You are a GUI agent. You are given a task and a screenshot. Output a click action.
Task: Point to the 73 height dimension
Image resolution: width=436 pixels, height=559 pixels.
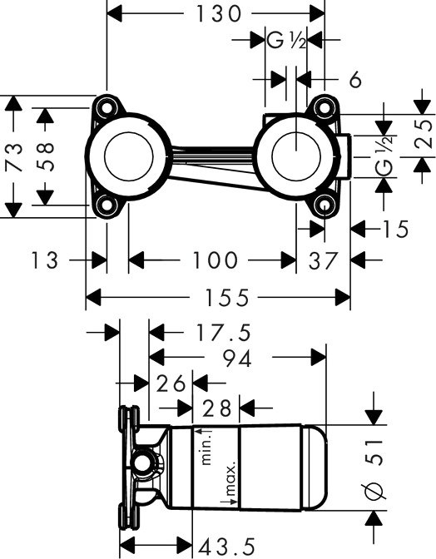tap(14, 156)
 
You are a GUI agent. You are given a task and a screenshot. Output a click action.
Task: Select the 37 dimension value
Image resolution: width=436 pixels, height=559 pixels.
tap(323, 260)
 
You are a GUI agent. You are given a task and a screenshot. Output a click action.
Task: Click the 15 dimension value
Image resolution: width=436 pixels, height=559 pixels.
tap(394, 229)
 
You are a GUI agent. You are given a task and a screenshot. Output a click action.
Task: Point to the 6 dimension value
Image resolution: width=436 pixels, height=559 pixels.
tap(355, 80)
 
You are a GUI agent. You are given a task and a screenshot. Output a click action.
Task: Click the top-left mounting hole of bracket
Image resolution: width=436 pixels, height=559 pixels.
tap(107, 106)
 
